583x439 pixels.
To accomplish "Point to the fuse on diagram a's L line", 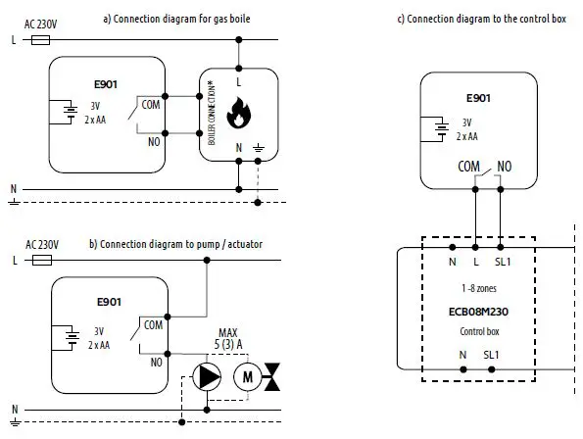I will pos(41,40).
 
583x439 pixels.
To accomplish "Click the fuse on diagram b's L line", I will pos(41,261).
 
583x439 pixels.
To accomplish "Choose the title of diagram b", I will pos(174,243).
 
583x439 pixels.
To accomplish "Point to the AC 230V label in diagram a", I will pos(41,24).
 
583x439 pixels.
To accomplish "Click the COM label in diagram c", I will pos(469,167).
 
